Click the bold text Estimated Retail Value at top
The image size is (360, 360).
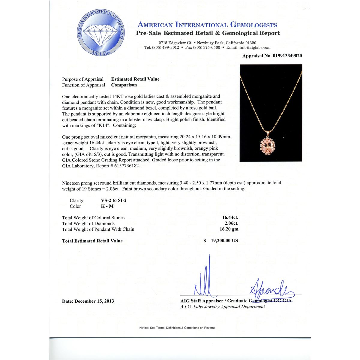(x=135, y=79)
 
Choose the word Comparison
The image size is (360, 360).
(x=124, y=85)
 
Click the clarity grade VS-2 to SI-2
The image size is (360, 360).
(x=114, y=200)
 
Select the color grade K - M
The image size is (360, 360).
(x=107, y=206)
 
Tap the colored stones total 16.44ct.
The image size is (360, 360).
(x=230, y=218)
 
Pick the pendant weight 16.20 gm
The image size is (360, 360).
(x=229, y=229)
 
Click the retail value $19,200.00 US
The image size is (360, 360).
(x=221, y=241)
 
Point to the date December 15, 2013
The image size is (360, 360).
(x=88, y=301)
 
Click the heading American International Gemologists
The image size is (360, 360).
(x=207, y=25)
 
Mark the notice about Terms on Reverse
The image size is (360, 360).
(x=177, y=328)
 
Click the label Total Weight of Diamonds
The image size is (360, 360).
(x=88, y=223)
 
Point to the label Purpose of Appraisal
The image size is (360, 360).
(x=82, y=79)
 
